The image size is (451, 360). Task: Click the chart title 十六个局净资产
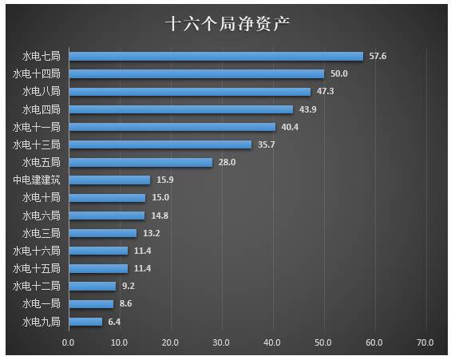(x=226, y=24)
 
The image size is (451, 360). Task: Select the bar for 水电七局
(x=216, y=56)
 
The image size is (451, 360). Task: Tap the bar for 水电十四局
(x=196, y=73)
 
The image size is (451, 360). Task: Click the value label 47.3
(x=326, y=91)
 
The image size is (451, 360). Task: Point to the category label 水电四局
(x=41, y=109)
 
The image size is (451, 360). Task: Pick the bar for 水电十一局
(x=172, y=126)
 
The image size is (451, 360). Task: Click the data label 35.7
(x=267, y=144)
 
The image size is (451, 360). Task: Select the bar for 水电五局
(x=140, y=162)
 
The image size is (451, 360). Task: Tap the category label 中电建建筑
(x=36, y=180)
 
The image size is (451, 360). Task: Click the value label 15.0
(x=160, y=197)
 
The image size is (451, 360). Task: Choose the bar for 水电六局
(x=106, y=215)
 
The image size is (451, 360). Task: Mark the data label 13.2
(x=152, y=233)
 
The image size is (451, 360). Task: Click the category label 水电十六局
(x=36, y=251)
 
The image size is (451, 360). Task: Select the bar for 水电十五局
(x=97, y=268)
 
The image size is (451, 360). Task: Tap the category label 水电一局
(x=41, y=303)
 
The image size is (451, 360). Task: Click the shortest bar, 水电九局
(x=85, y=321)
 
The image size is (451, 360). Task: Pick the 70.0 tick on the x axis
(x=425, y=342)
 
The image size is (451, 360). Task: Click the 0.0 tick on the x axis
(x=69, y=342)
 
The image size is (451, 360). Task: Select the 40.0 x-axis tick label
(x=272, y=342)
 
